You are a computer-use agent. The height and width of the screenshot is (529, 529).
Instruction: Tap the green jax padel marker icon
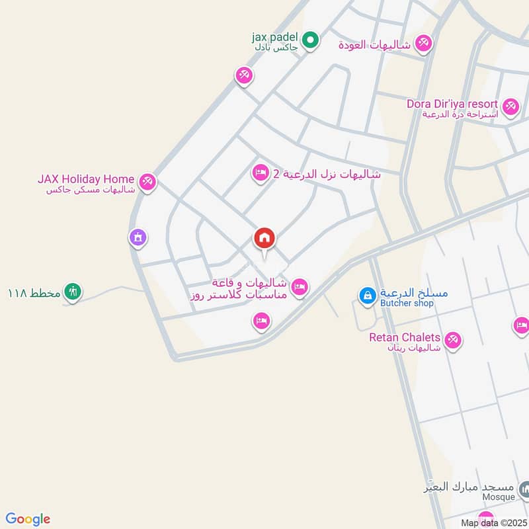(311, 40)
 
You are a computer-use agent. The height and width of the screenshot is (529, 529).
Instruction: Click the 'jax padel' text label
(275, 36)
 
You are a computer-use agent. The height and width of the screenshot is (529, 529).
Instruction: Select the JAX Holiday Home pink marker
(147, 181)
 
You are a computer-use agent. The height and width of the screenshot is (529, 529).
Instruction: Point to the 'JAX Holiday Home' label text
(86, 179)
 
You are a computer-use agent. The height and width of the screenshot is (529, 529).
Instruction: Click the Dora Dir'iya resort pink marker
(510, 106)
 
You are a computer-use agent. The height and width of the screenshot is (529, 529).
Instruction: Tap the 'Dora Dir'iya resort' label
(452, 104)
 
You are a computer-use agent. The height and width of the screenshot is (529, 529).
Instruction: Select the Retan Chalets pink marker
(452, 340)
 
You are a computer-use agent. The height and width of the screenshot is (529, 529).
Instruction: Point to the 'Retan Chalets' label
(405, 337)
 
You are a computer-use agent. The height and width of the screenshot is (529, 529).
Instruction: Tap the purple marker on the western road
(138, 238)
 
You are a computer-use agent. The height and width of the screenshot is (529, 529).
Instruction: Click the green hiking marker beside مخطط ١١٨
(73, 291)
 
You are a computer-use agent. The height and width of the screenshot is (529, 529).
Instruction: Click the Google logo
(28, 519)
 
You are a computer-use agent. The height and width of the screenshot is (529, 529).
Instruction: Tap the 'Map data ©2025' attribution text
(495, 523)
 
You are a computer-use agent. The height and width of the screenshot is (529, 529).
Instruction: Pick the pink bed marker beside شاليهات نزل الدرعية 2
(261, 173)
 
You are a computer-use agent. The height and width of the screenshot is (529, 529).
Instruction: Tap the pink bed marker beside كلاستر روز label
(299, 286)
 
